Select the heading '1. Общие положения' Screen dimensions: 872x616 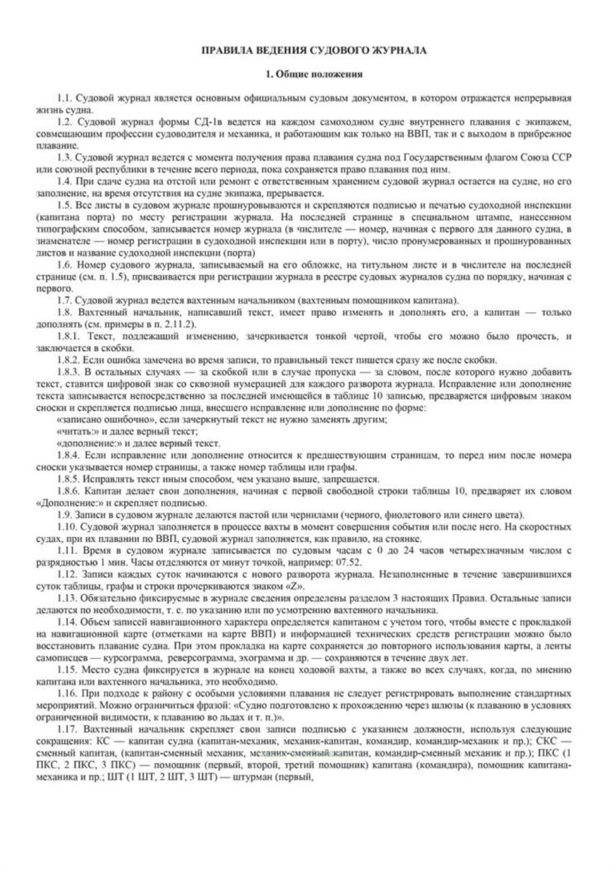pos(314,75)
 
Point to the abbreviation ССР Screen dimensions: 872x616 pos(561,158)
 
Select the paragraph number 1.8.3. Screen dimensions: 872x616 pos(68,372)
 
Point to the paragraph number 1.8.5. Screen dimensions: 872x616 pos(68,479)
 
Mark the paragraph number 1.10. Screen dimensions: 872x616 pos(66,527)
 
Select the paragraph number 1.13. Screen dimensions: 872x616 pos(66,598)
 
